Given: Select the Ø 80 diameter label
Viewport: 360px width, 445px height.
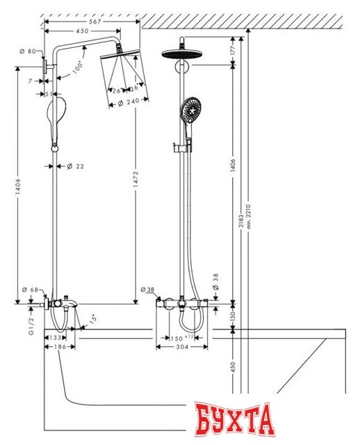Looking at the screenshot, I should (28, 51).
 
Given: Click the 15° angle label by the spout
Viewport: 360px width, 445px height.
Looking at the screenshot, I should (93, 321).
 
